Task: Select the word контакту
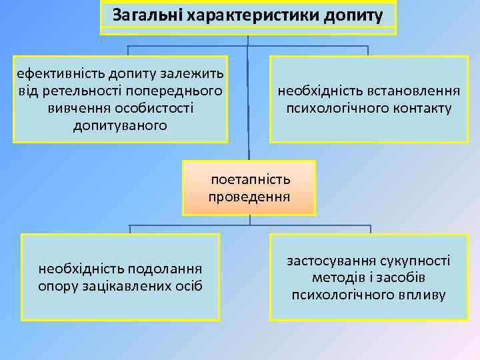[x=421, y=107]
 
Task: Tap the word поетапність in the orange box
[x=251, y=179]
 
